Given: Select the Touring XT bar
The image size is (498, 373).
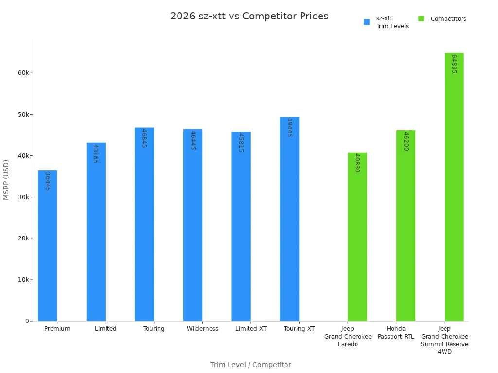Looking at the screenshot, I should click(289, 219).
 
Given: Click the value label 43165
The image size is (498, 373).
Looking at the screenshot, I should click(96, 153).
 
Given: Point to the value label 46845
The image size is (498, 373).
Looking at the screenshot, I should click(144, 138).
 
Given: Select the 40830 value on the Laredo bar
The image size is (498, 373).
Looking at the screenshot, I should click(357, 163).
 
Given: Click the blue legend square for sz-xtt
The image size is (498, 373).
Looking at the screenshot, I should click(367, 22).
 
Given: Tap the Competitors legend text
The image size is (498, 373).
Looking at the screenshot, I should click(448, 19).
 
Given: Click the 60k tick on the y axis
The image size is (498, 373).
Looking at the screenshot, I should click(24, 73).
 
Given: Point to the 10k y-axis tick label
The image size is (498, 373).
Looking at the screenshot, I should click(24, 280).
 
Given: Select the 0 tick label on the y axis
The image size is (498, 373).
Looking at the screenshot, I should click(27, 321).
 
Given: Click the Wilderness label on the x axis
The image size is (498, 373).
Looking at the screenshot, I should click(202, 329).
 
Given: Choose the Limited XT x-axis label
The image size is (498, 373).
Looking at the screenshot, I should click(251, 329).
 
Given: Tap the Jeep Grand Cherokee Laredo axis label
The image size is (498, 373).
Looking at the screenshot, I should click(348, 337).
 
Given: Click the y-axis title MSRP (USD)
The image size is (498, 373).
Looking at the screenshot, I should click(6, 179).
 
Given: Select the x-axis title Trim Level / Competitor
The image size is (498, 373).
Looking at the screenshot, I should click(250, 365).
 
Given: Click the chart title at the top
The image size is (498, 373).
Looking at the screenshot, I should click(249, 16).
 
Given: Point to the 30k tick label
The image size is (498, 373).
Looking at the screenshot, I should click(24, 197).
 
